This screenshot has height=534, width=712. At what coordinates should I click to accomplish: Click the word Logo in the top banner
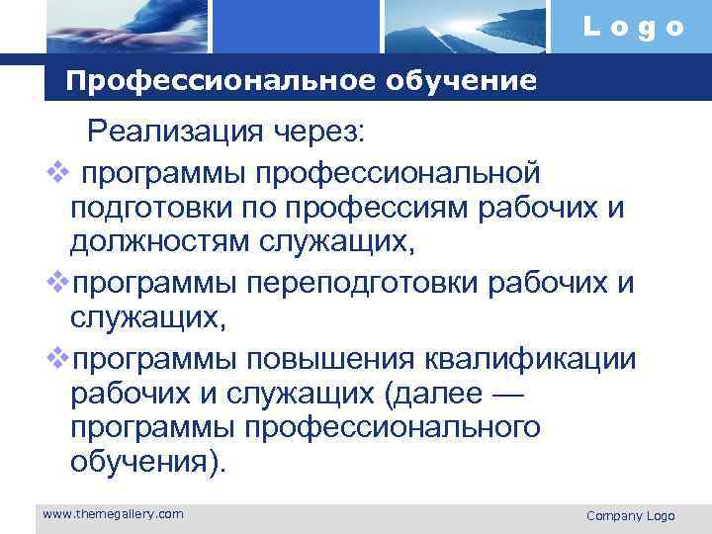click(633, 28)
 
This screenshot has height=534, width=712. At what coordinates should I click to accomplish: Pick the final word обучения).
click(148, 463)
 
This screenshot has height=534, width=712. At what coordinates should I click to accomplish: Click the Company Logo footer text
click(630, 516)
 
